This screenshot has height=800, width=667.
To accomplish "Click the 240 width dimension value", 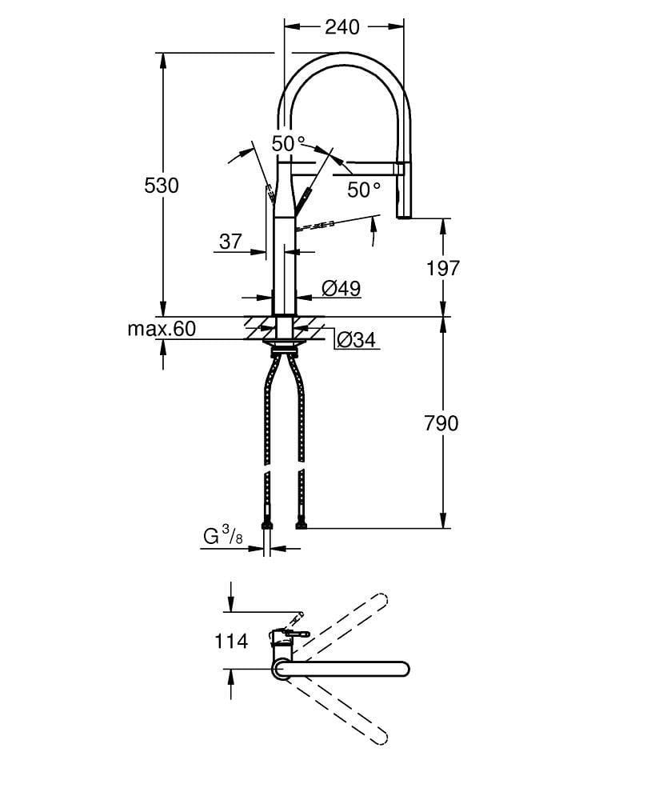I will click(x=342, y=27).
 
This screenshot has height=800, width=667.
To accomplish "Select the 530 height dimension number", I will click(x=162, y=186).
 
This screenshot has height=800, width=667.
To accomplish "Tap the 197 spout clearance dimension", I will click(x=443, y=268).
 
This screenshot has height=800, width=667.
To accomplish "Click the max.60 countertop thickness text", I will click(x=161, y=329).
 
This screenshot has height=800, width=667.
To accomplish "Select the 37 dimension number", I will click(x=230, y=241).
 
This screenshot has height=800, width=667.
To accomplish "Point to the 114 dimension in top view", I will click(x=231, y=641).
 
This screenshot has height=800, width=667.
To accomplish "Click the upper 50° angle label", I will click(x=288, y=145).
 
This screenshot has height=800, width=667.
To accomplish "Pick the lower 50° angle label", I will click(x=364, y=190).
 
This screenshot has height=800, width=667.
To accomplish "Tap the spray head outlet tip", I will click(x=405, y=214).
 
